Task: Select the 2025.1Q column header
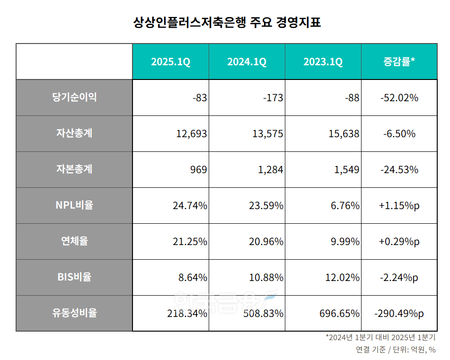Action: click(170, 62)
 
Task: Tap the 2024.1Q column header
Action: click(247, 62)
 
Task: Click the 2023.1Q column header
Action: click(323, 62)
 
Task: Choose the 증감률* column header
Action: click(399, 62)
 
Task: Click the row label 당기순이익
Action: click(74, 97)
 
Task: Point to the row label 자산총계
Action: click(74, 133)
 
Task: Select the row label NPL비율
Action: click(74, 205)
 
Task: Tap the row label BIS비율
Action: click(74, 277)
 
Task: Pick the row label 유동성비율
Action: click(74, 313)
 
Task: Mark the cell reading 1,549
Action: click(347, 170)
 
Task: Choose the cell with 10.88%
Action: click(266, 278)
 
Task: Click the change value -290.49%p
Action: click(399, 314)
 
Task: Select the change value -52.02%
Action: click(399, 98)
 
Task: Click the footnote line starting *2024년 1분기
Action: click(380, 338)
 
